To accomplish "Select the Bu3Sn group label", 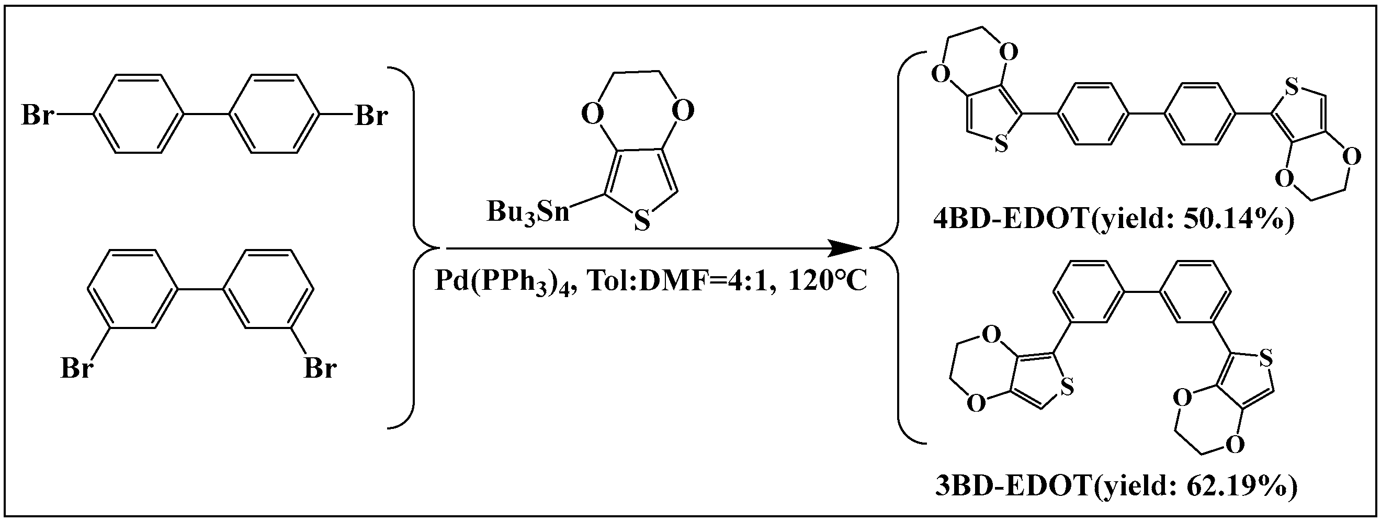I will click(x=527, y=212).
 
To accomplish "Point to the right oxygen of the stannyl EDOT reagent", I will click(x=683, y=111).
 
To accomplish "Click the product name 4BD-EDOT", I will click(x=1011, y=220).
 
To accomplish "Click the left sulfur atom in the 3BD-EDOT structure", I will click(x=1067, y=387).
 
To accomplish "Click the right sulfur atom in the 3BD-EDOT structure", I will click(x=1266, y=357).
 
